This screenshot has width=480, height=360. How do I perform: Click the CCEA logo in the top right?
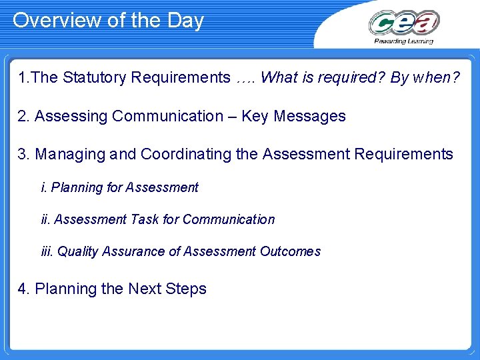tap(403, 23)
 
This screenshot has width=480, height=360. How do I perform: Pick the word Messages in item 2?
tap(313, 117)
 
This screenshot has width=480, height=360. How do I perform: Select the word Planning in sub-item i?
tap(77, 188)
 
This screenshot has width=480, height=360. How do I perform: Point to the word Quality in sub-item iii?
tap(77, 252)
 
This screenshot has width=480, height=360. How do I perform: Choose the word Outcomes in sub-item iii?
tap(290, 252)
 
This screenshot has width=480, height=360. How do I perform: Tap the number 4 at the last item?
tap(23, 289)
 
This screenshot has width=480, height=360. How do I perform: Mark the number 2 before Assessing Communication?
tap(23, 117)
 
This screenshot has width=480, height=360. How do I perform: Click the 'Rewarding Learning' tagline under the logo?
tap(403, 41)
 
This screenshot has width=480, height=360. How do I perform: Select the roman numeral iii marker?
tap(47, 252)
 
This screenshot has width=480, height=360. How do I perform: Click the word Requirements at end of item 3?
tap(404, 155)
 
